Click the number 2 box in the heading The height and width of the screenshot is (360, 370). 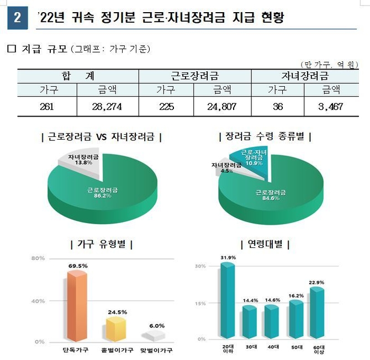(x=18, y=18)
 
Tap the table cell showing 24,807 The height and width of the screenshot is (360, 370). (x=222, y=107)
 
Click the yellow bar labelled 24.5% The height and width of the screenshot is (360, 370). (x=117, y=329)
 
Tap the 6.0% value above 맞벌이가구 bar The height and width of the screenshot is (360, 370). (x=156, y=325)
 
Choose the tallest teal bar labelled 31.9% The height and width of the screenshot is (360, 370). (x=228, y=301)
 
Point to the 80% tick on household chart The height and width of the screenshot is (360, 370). (x=38, y=258)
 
